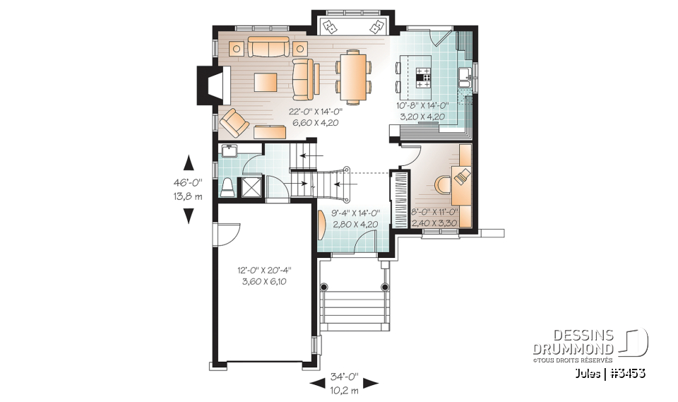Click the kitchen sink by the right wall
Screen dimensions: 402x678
point(465,77)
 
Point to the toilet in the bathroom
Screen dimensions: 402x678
point(227,187)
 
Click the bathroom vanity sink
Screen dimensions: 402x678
point(229,150)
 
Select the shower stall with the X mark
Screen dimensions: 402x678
point(251,187)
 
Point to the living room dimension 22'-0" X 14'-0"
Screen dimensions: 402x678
point(315,112)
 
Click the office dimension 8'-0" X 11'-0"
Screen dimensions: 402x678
point(436,212)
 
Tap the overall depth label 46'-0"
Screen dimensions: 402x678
point(188,182)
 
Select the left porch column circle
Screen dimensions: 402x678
point(324,288)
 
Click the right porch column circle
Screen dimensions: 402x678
point(385,288)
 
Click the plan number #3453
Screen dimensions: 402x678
point(626,372)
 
